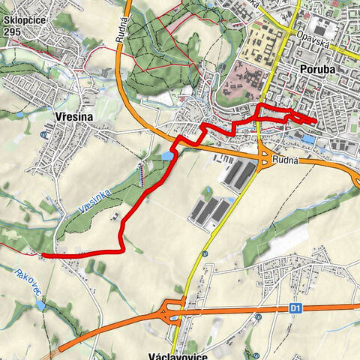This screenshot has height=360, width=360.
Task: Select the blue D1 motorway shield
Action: pyautogui.click(x=294, y=307)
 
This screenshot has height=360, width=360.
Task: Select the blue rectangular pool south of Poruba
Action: pyautogui.click(x=309, y=139)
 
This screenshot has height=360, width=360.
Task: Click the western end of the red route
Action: pyautogui.click(x=43, y=255)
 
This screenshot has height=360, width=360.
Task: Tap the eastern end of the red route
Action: pyautogui.click(x=316, y=120)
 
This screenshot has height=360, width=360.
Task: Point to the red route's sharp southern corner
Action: pyautogui.click(x=121, y=250)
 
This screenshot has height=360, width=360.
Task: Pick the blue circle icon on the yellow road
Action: pyautogui.click(x=203, y=253)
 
